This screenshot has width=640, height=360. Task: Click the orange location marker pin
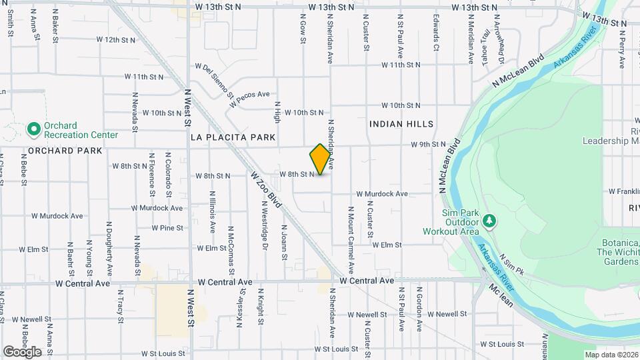click(x=321, y=159)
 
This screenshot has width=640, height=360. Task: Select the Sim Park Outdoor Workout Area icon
click(x=489, y=219)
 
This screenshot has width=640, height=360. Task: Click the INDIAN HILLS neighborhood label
click(x=401, y=124)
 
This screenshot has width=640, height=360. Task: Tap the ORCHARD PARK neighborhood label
click(x=65, y=151)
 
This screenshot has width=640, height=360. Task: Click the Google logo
click(x=22, y=351)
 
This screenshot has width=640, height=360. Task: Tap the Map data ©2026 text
click(x=611, y=354)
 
